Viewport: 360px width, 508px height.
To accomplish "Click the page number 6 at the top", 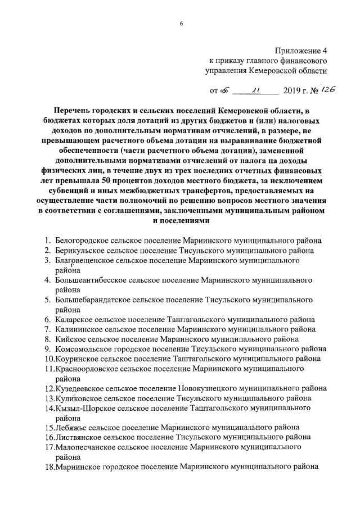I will tap(182, 24).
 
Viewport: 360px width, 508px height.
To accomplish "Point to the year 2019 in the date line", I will tap(291, 90).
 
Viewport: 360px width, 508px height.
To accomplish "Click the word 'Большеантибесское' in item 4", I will tap(91, 280).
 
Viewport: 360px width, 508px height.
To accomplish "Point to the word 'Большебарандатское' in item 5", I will tap(93, 300).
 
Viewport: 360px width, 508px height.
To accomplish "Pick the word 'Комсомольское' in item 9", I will tap(82, 349).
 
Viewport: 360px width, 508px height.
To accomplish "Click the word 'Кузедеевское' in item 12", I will tap(80, 388).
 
